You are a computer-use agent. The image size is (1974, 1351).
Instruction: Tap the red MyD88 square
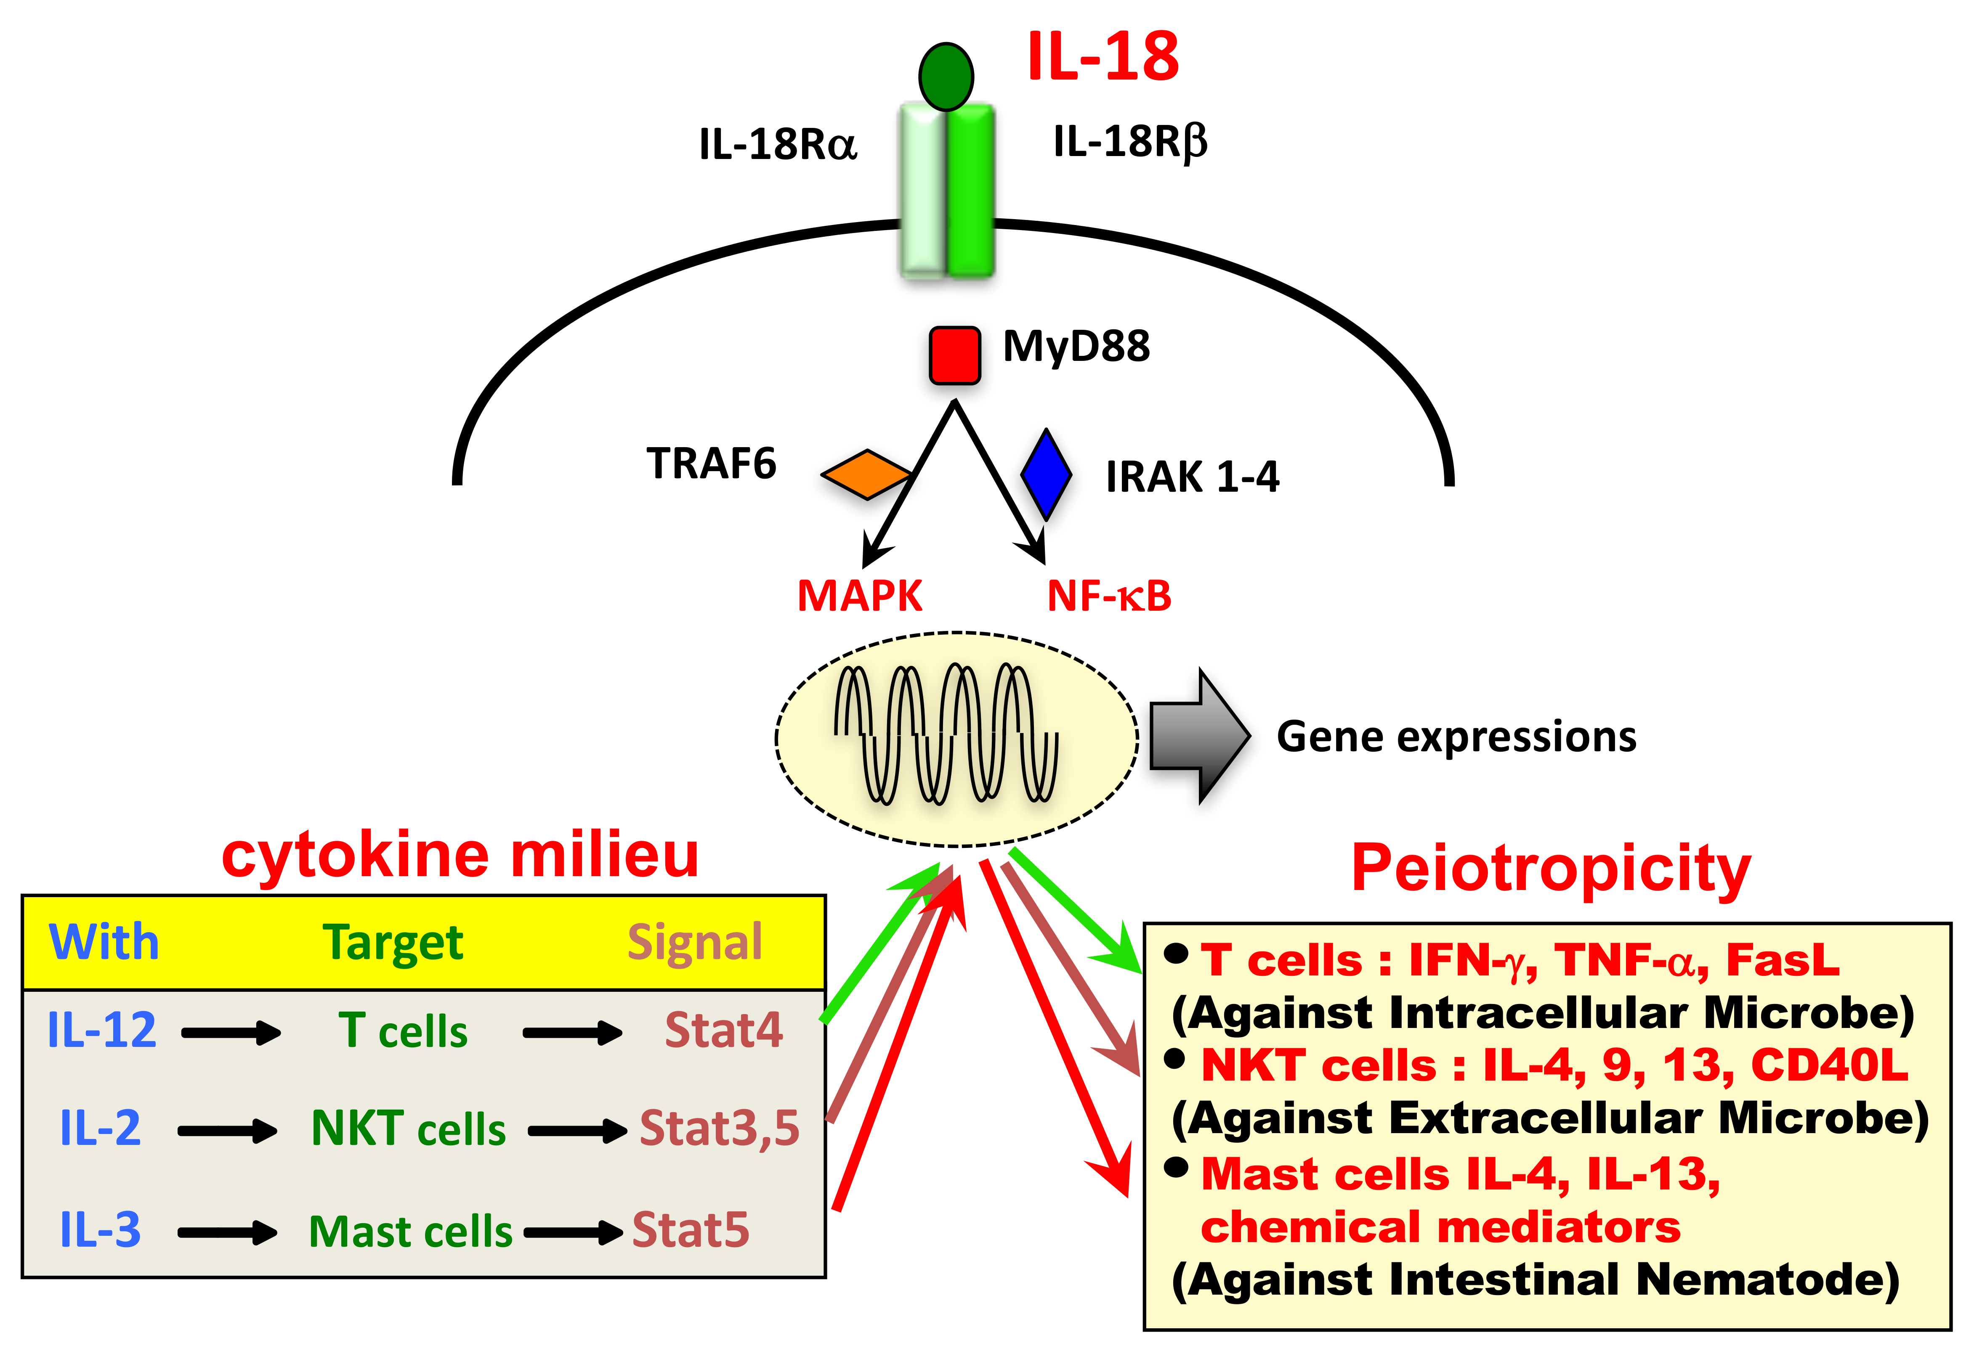pyautogui.click(x=954, y=355)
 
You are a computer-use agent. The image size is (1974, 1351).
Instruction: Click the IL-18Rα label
pyautogui.click(x=777, y=144)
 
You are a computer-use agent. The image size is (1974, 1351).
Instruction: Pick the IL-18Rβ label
pyautogui.click(x=1130, y=142)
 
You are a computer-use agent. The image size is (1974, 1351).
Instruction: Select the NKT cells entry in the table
pyautogui.click(x=409, y=1129)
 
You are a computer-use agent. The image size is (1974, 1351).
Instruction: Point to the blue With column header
pyautogui.click(x=104, y=943)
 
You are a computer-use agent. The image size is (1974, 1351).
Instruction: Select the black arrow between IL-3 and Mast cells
pyautogui.click(x=227, y=1232)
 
